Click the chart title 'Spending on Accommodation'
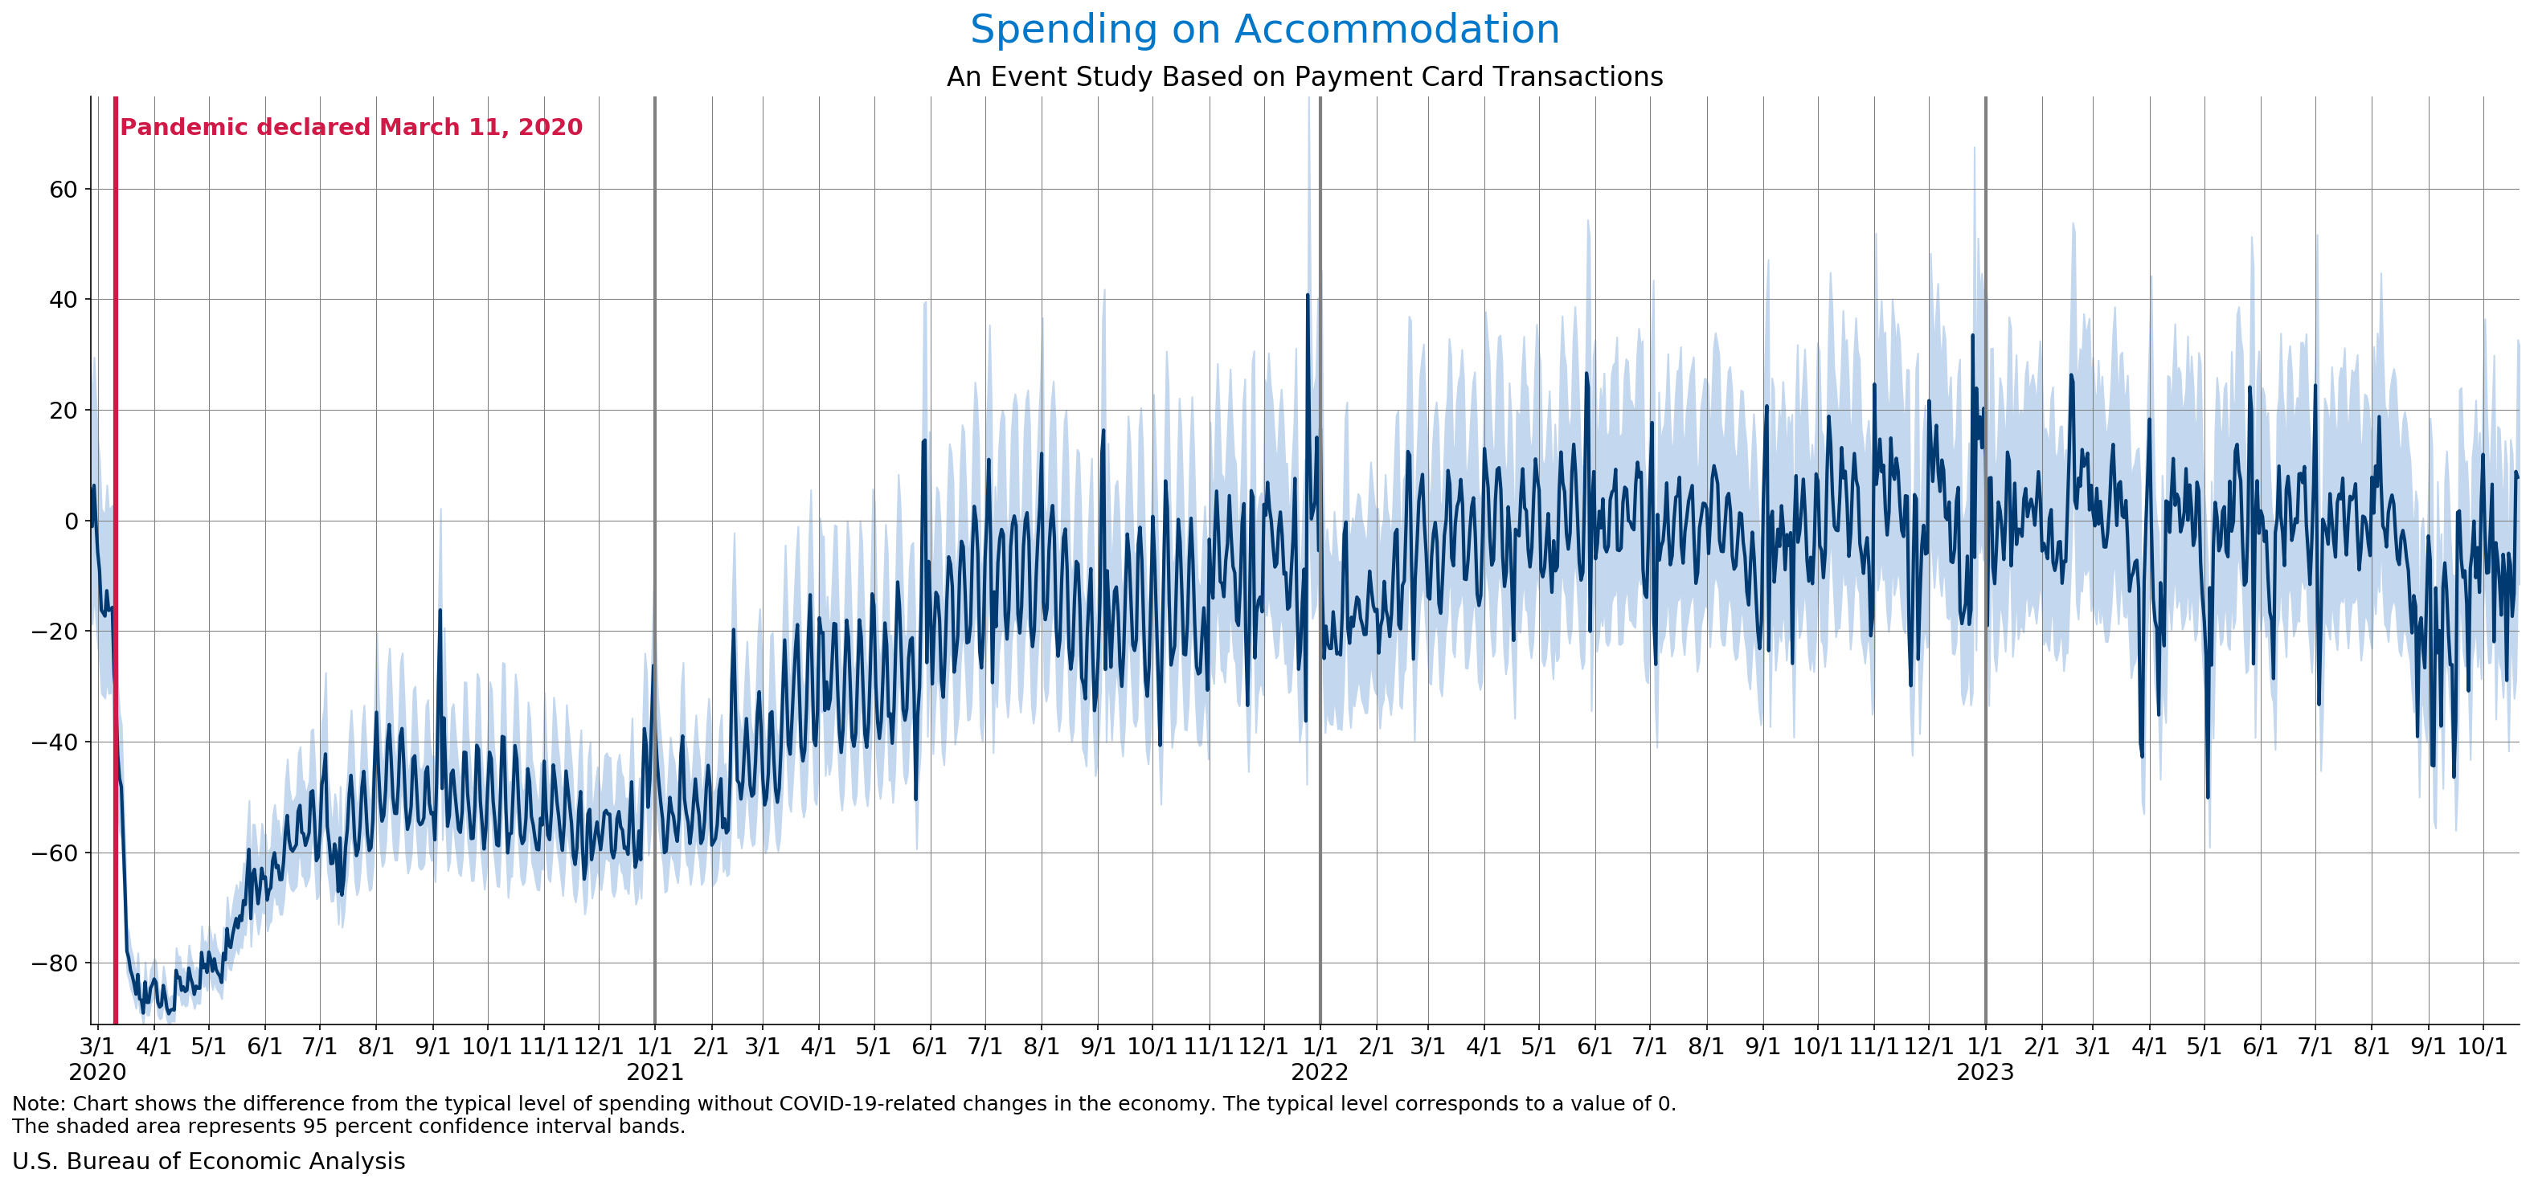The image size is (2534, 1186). [x=1264, y=30]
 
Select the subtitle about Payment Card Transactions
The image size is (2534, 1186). [x=1304, y=76]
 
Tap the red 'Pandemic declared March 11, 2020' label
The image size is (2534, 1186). [x=351, y=127]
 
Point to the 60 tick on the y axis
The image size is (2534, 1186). [x=63, y=189]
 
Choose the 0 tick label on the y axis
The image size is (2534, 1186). [x=71, y=521]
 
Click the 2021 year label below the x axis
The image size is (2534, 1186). [x=654, y=1072]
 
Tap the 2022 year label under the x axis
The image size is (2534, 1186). [x=1319, y=1072]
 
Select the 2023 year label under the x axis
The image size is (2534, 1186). [x=1984, y=1072]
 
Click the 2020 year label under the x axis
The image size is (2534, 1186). [x=96, y=1072]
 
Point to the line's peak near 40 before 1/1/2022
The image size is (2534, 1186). [x=1308, y=295]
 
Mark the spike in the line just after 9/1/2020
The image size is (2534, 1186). [x=440, y=611]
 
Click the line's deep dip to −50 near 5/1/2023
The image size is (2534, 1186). [x=2208, y=796]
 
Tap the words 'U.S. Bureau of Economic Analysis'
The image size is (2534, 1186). [x=208, y=1161]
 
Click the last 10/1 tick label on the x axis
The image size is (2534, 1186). [x=2482, y=1045]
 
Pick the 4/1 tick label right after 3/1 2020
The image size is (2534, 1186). [x=154, y=1045]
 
